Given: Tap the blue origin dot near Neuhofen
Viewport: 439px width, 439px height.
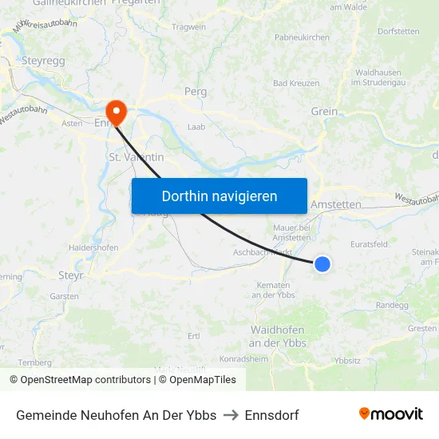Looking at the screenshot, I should [322, 263].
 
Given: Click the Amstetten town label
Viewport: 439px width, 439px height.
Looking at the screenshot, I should [335, 204].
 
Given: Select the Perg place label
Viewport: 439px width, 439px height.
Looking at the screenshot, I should [196, 92].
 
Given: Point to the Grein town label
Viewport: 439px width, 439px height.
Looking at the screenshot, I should [324, 112].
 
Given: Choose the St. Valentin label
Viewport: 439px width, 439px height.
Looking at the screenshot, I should [136, 157].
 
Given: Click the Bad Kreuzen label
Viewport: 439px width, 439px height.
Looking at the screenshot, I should [296, 83].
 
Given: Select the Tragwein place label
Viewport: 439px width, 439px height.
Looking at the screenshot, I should [188, 27].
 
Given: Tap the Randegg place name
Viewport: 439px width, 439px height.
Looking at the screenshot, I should [391, 305].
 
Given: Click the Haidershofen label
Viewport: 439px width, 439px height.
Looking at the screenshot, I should [93, 247].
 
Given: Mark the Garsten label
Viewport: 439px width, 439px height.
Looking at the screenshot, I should [64, 296].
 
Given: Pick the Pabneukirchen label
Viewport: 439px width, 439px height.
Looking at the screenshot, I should [302, 38].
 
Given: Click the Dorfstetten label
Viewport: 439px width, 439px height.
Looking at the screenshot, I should [398, 32].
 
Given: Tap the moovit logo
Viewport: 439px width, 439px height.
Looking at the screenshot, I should [391, 413].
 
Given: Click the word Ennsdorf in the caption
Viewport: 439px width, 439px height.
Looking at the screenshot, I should [271, 415].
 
